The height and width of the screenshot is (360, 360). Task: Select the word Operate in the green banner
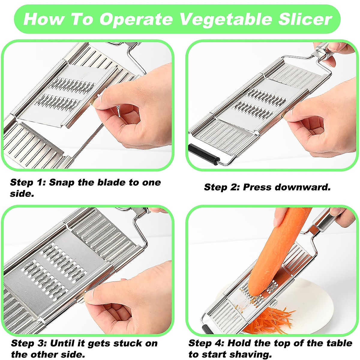click(136, 19)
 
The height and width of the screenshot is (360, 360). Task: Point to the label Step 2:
click(221, 187)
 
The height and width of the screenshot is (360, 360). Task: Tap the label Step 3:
click(28, 343)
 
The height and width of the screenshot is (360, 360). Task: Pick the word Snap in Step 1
click(61, 182)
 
